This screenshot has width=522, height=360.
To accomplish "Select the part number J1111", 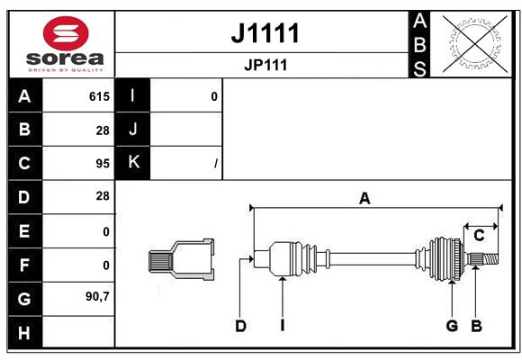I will (x=265, y=33).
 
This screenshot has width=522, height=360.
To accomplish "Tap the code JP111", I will (x=265, y=65).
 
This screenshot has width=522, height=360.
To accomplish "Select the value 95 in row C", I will (x=103, y=163).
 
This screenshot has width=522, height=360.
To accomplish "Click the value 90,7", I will (x=97, y=296).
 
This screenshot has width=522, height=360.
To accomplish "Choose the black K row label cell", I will (x=132, y=163).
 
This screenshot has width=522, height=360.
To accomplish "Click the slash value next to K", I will (x=216, y=164).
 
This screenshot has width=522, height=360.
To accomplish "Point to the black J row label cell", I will (x=132, y=130).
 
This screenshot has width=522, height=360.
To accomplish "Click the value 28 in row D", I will (x=103, y=196).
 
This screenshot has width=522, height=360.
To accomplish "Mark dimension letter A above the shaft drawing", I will (x=364, y=198).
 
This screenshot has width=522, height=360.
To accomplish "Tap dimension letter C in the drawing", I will (x=479, y=236).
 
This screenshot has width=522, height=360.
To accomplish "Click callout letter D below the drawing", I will (x=240, y=326).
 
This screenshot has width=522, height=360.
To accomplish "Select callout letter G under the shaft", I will (x=452, y=326).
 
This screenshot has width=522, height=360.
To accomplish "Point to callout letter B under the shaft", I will (x=476, y=326).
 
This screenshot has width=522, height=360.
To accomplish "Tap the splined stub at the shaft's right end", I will (x=483, y=259).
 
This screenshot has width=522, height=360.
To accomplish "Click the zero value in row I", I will (x=214, y=96).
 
